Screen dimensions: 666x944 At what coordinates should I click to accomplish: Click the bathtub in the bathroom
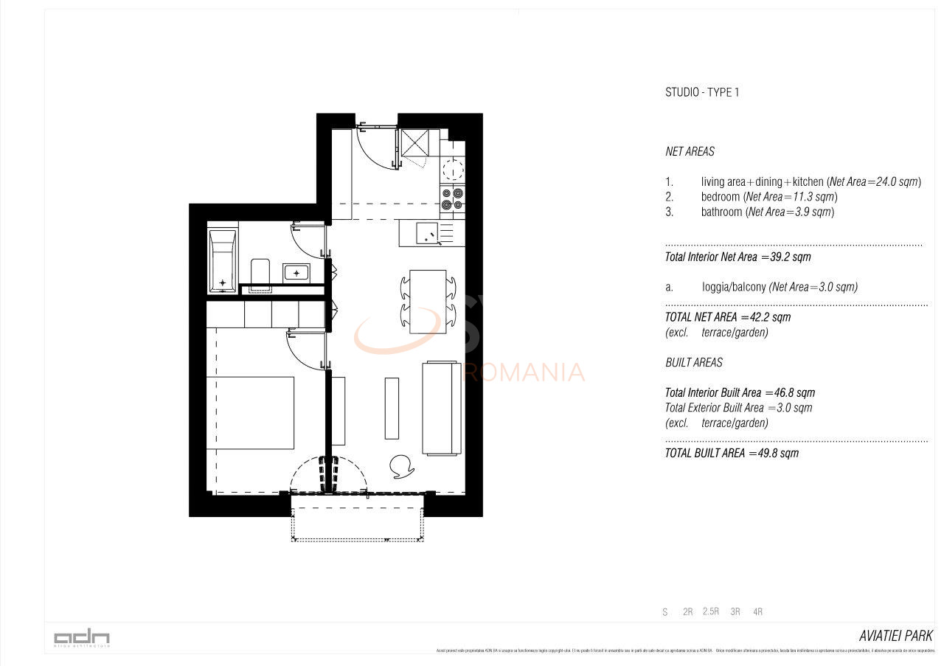click(x=222, y=261)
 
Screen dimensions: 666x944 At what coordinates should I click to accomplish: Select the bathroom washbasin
click(x=297, y=273)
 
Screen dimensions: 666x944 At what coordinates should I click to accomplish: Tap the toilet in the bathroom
click(x=260, y=272)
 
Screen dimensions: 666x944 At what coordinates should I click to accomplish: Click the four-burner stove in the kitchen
click(x=453, y=197)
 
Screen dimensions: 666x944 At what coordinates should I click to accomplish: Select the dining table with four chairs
click(x=428, y=301)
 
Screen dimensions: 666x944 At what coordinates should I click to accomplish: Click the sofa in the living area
click(x=441, y=408)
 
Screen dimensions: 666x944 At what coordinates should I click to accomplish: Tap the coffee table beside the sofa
click(x=392, y=408)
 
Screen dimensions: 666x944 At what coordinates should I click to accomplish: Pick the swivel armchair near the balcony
click(x=401, y=466)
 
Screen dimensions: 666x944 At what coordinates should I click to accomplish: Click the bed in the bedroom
click(x=249, y=412)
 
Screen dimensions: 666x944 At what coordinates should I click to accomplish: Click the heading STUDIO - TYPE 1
click(x=701, y=92)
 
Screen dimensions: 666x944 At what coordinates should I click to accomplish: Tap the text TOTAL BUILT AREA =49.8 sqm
click(x=731, y=453)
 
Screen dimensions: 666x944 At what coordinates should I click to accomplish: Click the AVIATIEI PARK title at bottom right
click(x=895, y=636)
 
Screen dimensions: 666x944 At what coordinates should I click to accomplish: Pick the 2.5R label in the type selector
click(x=711, y=611)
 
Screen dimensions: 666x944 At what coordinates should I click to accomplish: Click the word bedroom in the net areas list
click(x=720, y=197)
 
